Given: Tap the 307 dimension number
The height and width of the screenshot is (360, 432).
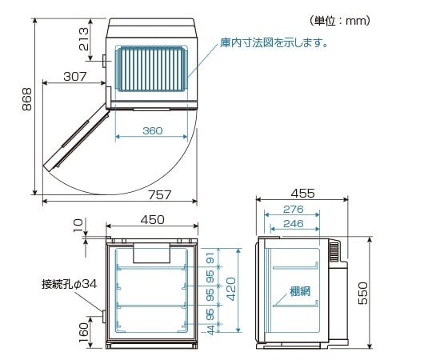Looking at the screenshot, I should pyautogui.click(x=74, y=78).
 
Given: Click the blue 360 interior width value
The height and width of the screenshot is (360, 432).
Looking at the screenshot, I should pyautogui.click(x=152, y=131).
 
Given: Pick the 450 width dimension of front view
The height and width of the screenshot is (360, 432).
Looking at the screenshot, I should pyautogui.click(x=152, y=220).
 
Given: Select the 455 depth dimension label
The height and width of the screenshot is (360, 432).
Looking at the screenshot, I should pyautogui.click(x=302, y=193).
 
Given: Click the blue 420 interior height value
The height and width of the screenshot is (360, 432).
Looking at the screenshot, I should pyautogui.click(x=229, y=290).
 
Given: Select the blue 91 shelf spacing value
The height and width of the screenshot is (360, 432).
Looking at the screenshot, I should pyautogui.click(x=210, y=258).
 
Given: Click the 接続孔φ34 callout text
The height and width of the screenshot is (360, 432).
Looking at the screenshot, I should pyautogui.click(x=70, y=284).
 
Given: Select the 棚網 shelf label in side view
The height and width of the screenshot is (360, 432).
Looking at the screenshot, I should pyautogui.click(x=288, y=291).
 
